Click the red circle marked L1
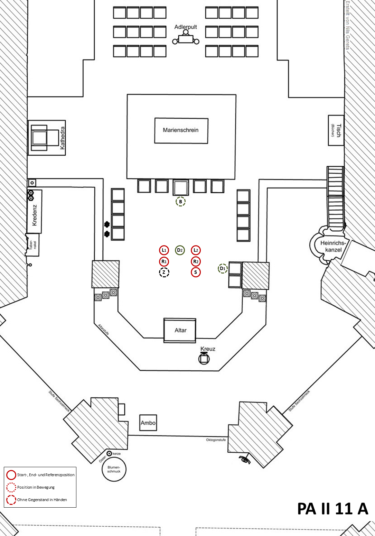coord(164,250)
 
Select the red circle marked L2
coord(196,250)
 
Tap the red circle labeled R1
coord(164,261)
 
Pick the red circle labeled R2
coord(196,261)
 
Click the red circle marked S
coord(196,272)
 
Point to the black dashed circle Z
coord(164,272)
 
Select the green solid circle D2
coord(179,250)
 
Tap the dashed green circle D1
coord(223,268)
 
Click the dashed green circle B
coord(180,202)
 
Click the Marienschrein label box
coord(181,130)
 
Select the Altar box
coord(180,330)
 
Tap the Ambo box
coord(148,423)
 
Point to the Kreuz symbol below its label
coord(204,359)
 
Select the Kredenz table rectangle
coord(35,211)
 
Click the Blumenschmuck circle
coord(114,469)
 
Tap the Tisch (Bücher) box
coord(336,130)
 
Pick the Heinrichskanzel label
coord(333,246)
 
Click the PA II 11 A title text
coord(332,508)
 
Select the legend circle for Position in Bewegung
coord(11,487)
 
